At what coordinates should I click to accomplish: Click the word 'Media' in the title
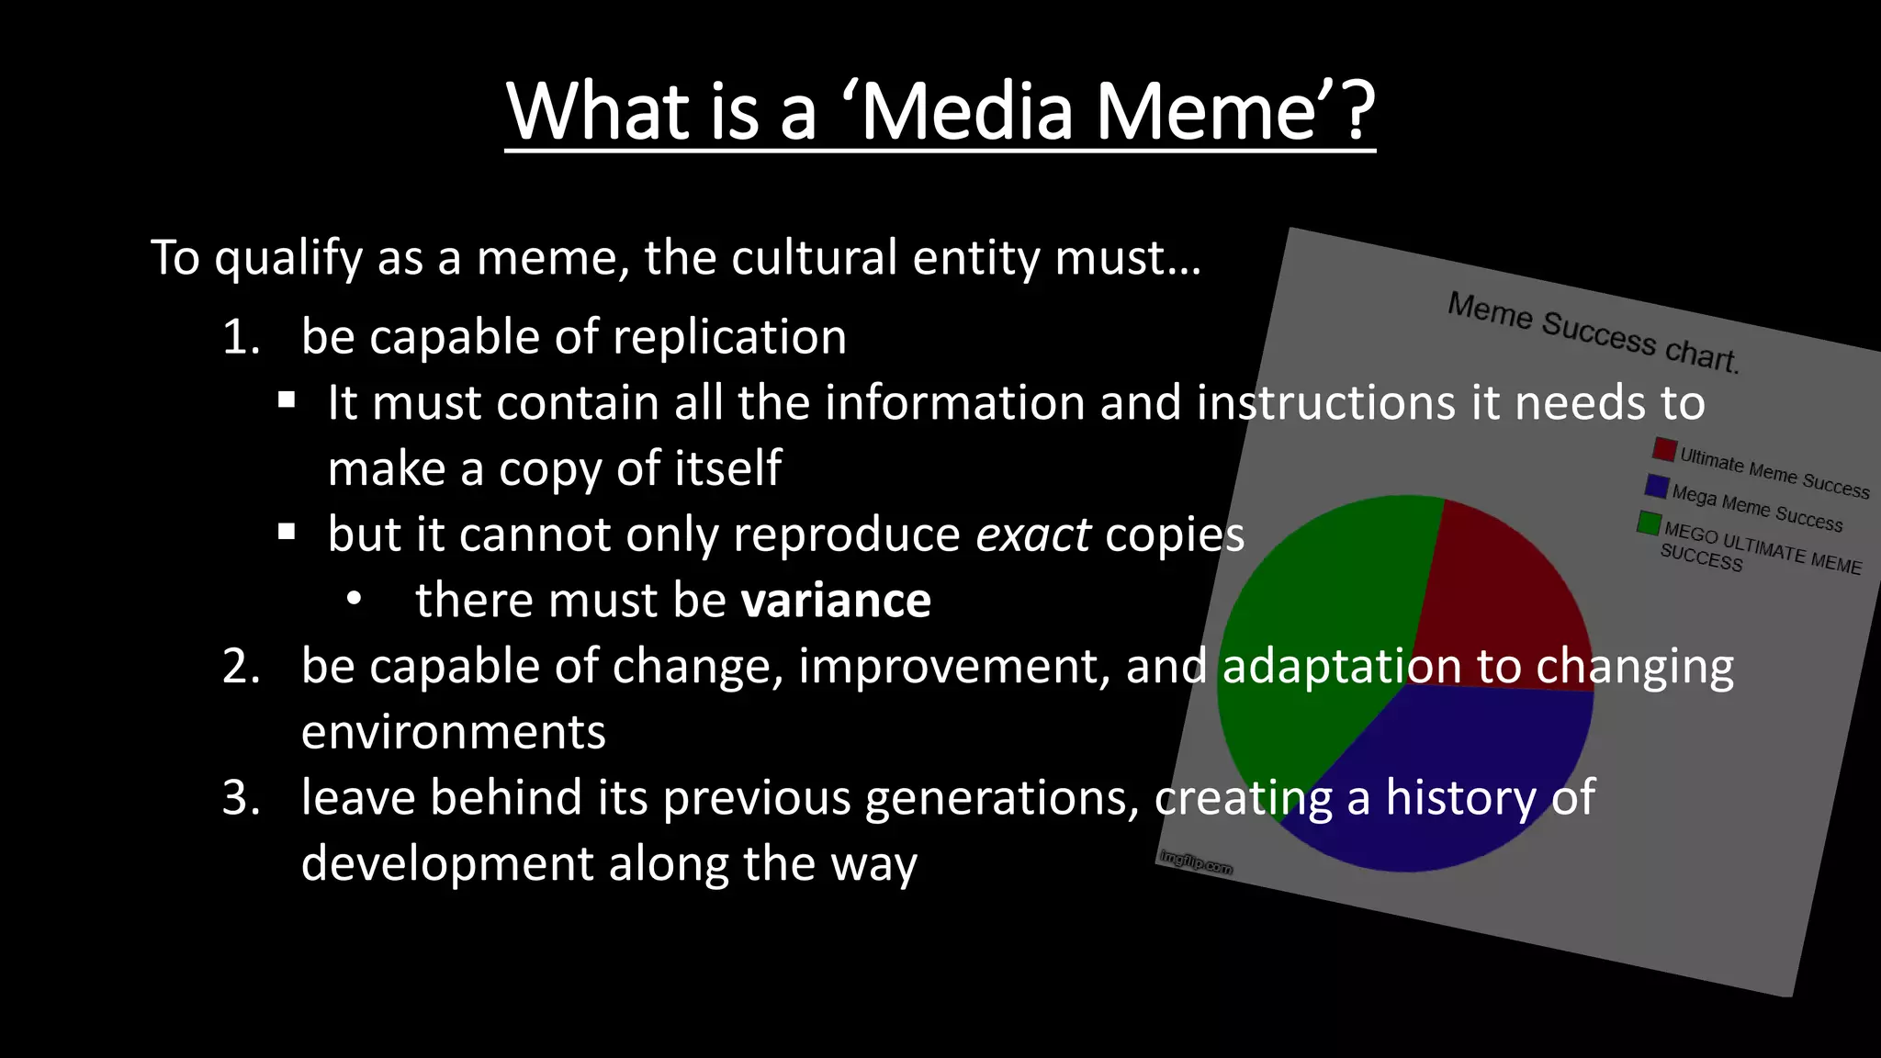(x=967, y=112)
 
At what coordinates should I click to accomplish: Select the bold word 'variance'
(x=836, y=601)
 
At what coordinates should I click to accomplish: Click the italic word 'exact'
(x=1032, y=535)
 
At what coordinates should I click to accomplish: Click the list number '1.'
(x=242, y=337)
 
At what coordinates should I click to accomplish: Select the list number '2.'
(x=242, y=666)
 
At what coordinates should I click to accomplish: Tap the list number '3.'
(x=242, y=797)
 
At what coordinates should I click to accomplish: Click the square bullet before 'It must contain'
(x=287, y=400)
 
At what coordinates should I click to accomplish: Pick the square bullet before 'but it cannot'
(x=287, y=532)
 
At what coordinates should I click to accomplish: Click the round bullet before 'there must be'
(x=354, y=599)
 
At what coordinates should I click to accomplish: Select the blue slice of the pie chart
(x=1460, y=781)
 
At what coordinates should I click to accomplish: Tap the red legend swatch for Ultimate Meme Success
(x=1664, y=449)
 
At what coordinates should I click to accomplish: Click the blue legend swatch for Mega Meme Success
(x=1657, y=485)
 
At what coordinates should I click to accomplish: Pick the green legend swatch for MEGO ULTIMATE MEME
(x=1649, y=523)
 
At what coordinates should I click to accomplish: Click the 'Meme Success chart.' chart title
(x=1593, y=332)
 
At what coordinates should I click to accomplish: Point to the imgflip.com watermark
(x=1196, y=861)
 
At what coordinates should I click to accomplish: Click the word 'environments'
(x=453, y=733)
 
